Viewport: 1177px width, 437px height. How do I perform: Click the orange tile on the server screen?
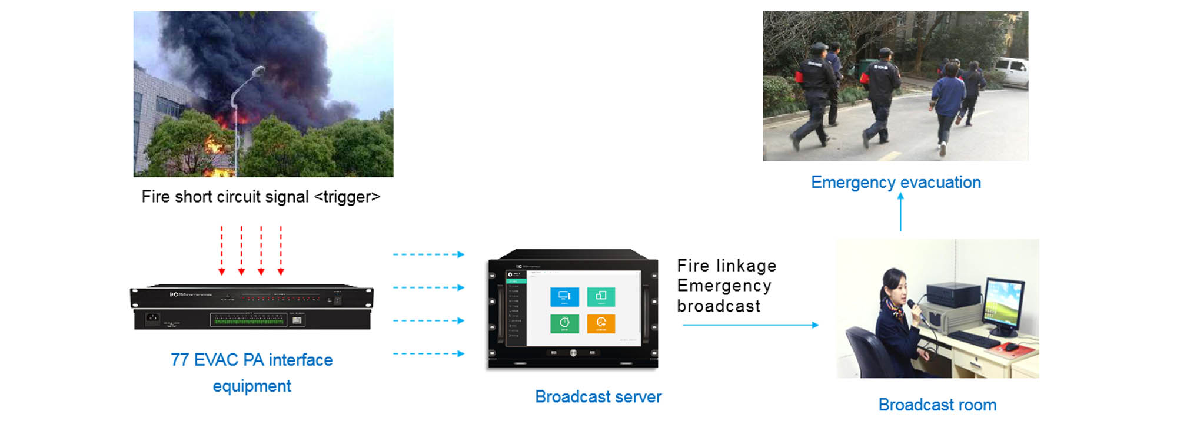tap(601, 323)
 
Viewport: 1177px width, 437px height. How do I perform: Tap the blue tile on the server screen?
tap(564, 297)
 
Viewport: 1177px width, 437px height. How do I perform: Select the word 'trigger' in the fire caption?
tap(347, 197)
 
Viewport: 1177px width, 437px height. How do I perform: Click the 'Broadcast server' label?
tap(598, 397)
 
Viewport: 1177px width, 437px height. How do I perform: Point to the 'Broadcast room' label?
tap(937, 405)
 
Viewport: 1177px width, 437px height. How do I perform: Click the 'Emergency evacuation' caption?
tap(896, 183)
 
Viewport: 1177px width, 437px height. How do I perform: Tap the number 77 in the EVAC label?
tap(179, 360)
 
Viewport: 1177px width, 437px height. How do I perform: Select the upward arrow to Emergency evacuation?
tap(900, 212)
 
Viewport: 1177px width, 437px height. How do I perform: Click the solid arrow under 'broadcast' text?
tap(750, 325)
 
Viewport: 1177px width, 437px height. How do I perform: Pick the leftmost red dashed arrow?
tap(222, 250)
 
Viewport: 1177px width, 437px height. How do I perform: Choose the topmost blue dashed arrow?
tap(428, 254)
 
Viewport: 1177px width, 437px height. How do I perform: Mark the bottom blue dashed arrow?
tap(428, 354)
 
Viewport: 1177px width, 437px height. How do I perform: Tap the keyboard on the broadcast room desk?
tap(974, 339)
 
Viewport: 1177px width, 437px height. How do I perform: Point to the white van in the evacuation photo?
tap(1012, 72)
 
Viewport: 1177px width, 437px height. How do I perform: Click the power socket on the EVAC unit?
tap(152, 319)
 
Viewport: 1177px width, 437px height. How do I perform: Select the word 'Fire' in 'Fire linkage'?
tap(693, 266)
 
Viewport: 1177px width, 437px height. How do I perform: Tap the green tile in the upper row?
tap(601, 297)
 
